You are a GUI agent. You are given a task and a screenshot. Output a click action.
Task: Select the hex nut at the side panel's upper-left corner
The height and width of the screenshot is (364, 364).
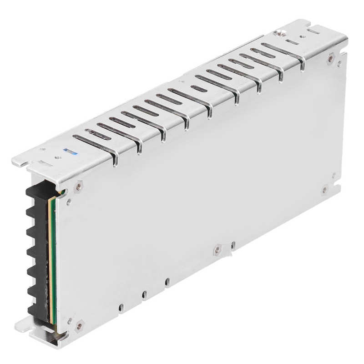coord(79,185)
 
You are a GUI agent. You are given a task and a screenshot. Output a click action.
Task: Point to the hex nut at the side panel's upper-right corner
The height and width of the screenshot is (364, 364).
coord(331,58)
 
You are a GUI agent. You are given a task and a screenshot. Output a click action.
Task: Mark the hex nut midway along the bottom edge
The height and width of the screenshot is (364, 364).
coord(218,248)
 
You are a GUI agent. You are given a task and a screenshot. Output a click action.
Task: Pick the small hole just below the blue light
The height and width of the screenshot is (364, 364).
coord(58,157)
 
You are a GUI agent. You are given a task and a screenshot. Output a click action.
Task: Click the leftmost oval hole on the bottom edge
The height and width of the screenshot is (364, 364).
coord(121,307)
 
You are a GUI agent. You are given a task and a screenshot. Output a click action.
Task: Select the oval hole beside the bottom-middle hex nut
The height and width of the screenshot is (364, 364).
coord(233,245)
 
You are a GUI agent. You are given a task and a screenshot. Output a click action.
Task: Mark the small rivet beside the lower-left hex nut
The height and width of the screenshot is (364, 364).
coord(69,320)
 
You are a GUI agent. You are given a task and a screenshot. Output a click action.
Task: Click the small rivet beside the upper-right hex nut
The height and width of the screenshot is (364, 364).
coord(339,64)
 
